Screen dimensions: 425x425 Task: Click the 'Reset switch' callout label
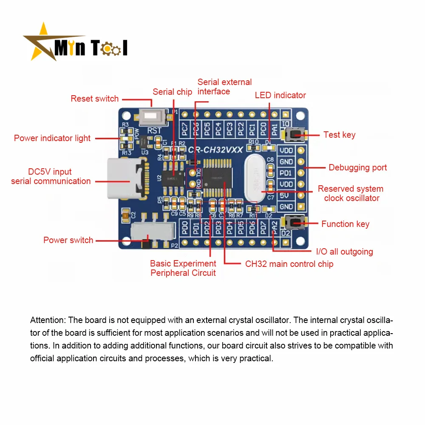[x=95, y=99]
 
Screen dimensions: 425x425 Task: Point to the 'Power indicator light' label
[x=52, y=138]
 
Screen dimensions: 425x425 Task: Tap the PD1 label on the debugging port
[x=286, y=173]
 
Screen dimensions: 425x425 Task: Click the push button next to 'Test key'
[x=297, y=135]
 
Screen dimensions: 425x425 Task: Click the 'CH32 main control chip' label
[x=289, y=264]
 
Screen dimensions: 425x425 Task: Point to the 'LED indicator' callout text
[x=280, y=95]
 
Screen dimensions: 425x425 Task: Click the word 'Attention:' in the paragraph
[x=48, y=320]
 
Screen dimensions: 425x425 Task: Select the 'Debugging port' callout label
[x=357, y=167]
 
